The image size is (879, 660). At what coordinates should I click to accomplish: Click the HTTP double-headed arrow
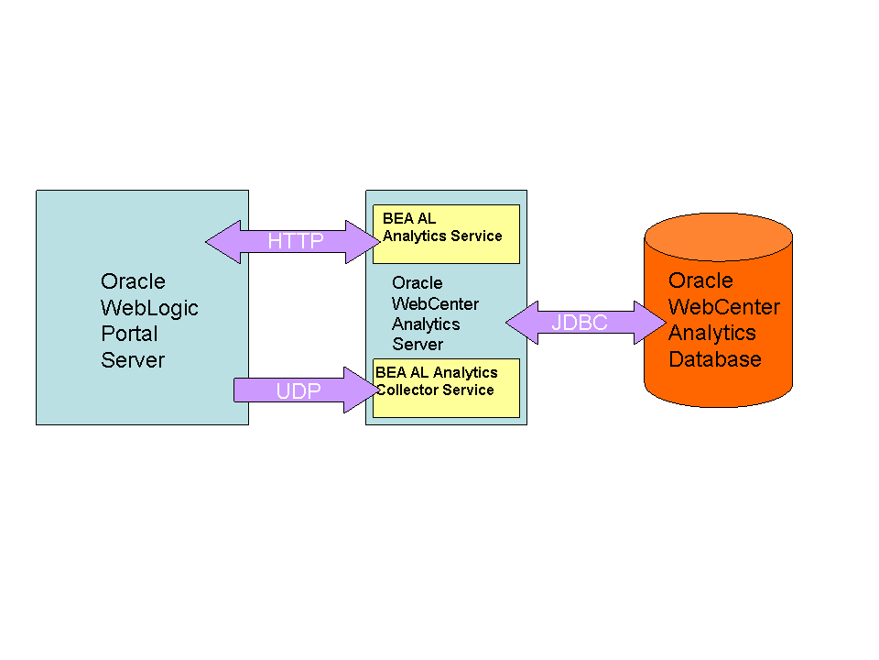[x=293, y=242]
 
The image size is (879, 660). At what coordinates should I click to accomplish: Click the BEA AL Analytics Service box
[x=446, y=234]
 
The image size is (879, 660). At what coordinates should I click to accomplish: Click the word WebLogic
[x=149, y=308]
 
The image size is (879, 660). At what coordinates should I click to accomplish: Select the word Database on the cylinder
[x=714, y=358]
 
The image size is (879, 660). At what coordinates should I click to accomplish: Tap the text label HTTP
[x=295, y=242]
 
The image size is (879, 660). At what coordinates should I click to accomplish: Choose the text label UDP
[x=298, y=391]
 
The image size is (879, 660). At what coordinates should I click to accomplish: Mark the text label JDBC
[x=579, y=323]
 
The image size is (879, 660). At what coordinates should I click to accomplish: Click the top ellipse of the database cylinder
[x=718, y=236]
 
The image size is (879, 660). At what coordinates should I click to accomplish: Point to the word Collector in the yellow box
[x=411, y=390]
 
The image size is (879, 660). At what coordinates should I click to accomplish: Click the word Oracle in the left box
[x=133, y=281]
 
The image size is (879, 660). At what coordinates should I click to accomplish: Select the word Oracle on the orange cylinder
[x=700, y=280]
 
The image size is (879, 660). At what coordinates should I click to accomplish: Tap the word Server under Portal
[x=133, y=360]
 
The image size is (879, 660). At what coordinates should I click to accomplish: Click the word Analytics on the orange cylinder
[x=711, y=333]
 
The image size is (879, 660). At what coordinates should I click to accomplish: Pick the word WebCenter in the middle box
[x=435, y=303]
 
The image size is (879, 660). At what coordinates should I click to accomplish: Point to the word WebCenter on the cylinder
[x=723, y=307]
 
